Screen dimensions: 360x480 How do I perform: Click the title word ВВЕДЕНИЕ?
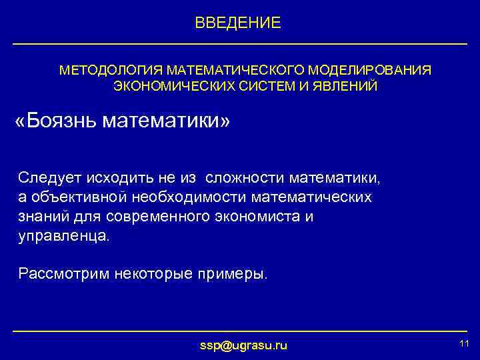pos(238,23)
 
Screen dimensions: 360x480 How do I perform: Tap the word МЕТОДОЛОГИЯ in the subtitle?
pos(111,70)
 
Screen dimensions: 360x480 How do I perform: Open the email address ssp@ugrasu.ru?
pos(243,345)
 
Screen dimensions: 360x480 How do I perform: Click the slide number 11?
pos(465,343)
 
